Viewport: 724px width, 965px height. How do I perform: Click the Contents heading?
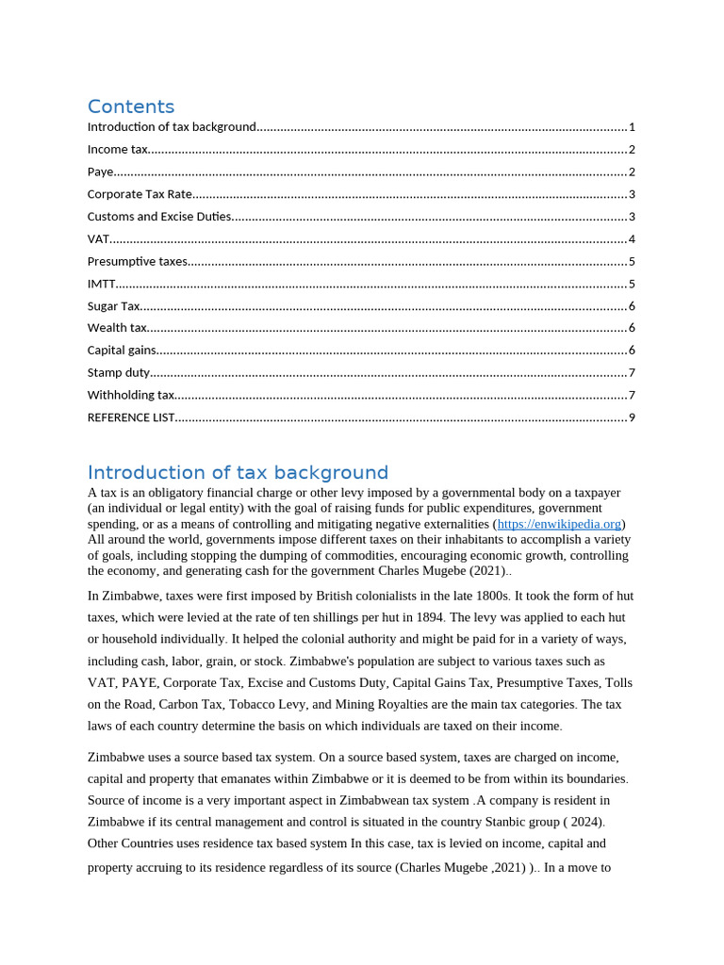pyautogui.click(x=131, y=106)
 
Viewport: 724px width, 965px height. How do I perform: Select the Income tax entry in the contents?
pyautogui.click(x=118, y=150)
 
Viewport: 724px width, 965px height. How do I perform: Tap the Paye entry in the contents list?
pyautogui.click(x=101, y=172)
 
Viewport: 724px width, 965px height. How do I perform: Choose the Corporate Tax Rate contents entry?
pyautogui.click(x=140, y=194)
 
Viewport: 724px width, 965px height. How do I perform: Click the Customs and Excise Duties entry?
pyautogui.click(x=159, y=217)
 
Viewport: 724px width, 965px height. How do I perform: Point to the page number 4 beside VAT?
pyautogui.click(x=632, y=239)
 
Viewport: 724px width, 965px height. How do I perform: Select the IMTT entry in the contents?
pyautogui.click(x=102, y=284)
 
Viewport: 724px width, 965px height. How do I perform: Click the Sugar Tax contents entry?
pyautogui.click(x=114, y=306)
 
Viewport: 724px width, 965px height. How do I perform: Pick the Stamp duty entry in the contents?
pyautogui.click(x=119, y=373)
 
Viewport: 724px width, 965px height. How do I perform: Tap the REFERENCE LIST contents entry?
pyautogui.click(x=131, y=417)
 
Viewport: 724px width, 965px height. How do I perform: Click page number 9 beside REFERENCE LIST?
pyautogui.click(x=632, y=417)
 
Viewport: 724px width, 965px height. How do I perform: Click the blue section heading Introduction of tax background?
pyautogui.click(x=238, y=472)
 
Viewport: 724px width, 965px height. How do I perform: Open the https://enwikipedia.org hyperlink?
pyautogui.click(x=559, y=524)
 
